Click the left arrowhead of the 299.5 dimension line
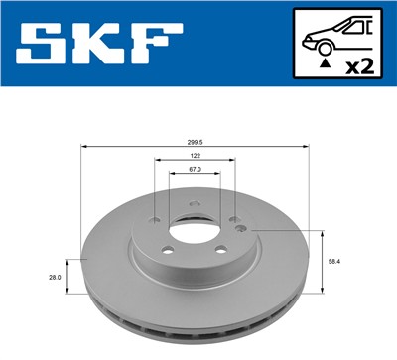[x=83, y=147]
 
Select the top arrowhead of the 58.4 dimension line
[x=324, y=232]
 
